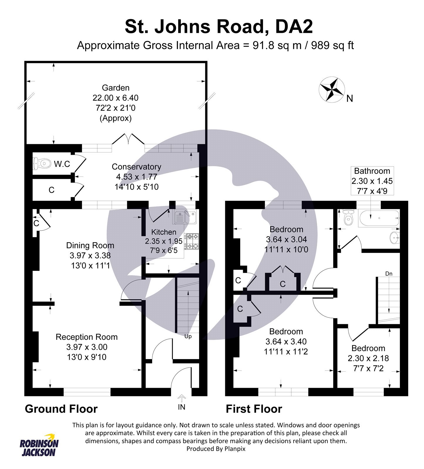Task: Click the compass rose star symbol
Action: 332,89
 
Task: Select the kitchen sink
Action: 185,217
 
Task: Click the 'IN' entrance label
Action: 182,407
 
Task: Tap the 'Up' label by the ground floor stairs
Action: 188,336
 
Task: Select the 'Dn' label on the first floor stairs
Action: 388,274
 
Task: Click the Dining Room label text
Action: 90,245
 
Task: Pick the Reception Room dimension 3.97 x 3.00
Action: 87,347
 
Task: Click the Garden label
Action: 115,88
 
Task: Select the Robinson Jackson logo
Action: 39,445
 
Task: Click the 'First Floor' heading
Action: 254,409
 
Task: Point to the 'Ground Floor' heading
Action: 61,409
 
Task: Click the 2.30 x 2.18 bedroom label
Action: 368,358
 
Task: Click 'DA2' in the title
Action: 294,27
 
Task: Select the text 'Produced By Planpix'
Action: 216,448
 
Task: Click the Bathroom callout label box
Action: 372,181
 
